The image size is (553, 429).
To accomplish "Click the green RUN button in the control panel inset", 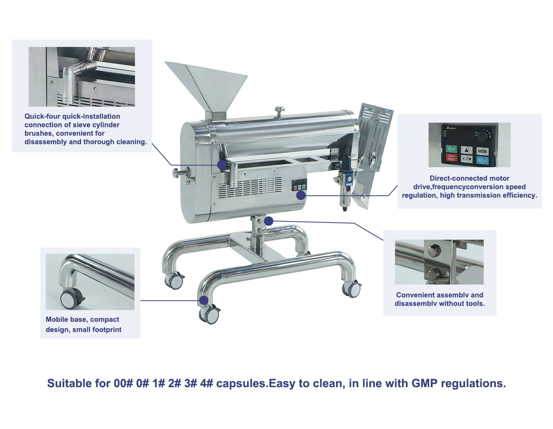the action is [451, 149].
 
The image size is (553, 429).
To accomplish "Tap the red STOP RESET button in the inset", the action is [451, 158].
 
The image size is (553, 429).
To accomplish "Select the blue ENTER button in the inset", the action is [482, 160].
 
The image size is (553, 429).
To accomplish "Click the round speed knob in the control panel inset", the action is [483, 135].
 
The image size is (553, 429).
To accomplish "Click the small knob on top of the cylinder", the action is [279, 111].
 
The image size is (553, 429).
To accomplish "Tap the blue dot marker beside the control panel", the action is [301, 195].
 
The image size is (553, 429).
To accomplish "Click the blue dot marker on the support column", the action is [268, 221].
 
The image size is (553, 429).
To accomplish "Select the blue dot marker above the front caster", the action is [204, 300].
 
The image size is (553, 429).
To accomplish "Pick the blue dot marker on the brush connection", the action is [222, 165].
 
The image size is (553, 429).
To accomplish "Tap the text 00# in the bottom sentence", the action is [123, 383].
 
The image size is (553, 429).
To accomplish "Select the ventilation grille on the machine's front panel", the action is [250, 188].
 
